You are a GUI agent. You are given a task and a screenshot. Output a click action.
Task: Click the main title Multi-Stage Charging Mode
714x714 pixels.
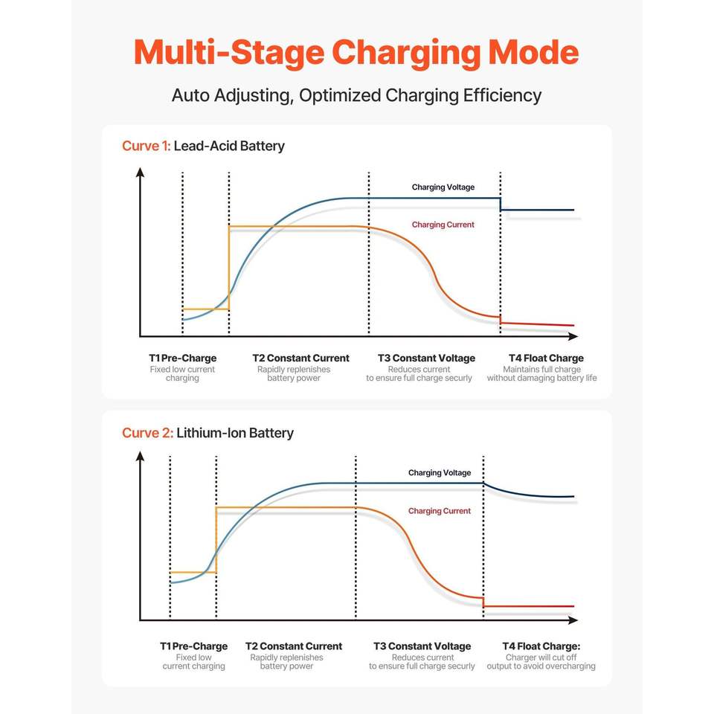point(356,52)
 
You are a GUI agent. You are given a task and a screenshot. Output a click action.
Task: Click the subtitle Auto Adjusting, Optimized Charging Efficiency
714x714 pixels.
point(356,95)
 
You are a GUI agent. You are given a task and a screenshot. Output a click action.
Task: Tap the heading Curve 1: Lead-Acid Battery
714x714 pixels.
point(203,146)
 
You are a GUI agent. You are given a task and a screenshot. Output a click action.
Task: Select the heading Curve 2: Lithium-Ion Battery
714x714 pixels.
point(208,433)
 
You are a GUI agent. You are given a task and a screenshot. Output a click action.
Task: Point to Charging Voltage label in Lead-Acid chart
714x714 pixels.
point(443,187)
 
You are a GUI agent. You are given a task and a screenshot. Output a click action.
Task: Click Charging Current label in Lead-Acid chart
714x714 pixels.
point(443,225)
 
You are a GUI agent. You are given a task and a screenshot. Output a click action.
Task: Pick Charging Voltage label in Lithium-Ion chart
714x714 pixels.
point(440,473)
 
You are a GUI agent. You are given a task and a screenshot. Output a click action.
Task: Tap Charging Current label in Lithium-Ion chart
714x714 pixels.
point(440,511)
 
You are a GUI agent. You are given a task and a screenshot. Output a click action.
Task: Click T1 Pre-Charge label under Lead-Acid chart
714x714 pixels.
point(182,358)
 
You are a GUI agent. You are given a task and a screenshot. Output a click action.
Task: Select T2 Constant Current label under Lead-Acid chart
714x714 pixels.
point(300,358)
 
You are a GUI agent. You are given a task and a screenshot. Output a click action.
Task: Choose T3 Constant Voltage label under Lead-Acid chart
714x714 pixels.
point(426,358)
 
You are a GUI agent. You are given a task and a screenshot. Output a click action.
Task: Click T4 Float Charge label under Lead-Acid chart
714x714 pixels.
point(546,358)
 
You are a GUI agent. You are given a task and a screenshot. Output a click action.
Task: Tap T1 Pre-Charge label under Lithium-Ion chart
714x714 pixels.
point(194,646)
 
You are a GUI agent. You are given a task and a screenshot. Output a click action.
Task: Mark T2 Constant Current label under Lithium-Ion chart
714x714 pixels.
point(294,646)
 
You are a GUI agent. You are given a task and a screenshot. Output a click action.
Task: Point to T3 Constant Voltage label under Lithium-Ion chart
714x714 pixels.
point(422,646)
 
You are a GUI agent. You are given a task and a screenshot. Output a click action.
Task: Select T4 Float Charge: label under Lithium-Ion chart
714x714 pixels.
point(541,646)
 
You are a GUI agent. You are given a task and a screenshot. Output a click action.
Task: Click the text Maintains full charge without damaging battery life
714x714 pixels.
point(541,373)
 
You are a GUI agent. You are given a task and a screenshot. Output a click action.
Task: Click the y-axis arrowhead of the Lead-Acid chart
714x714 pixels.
point(140,173)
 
